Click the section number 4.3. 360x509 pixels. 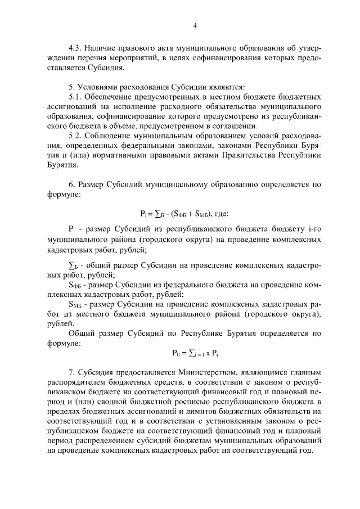click(74, 48)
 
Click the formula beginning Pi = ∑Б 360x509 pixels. click(175, 214)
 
